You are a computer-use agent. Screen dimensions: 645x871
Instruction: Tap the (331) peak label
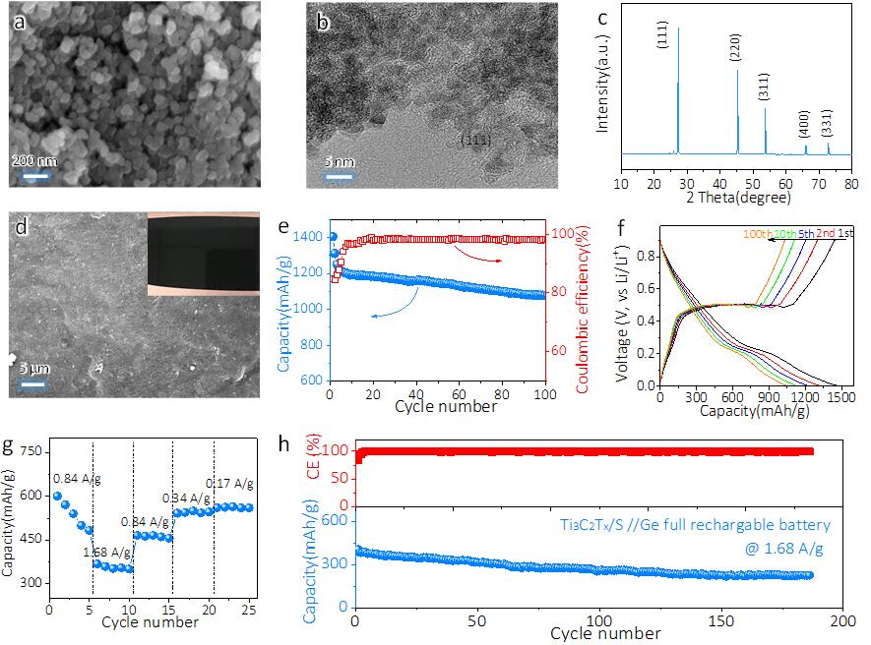[x=832, y=128]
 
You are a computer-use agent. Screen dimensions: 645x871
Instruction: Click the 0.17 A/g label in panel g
[x=229, y=483]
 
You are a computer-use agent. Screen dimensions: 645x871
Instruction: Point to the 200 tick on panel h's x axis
[x=842, y=622]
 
